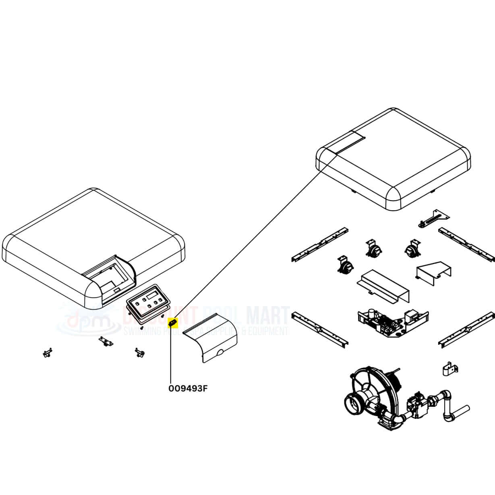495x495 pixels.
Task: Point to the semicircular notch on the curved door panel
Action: (220, 353)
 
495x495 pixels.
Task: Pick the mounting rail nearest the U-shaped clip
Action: (467, 333)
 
